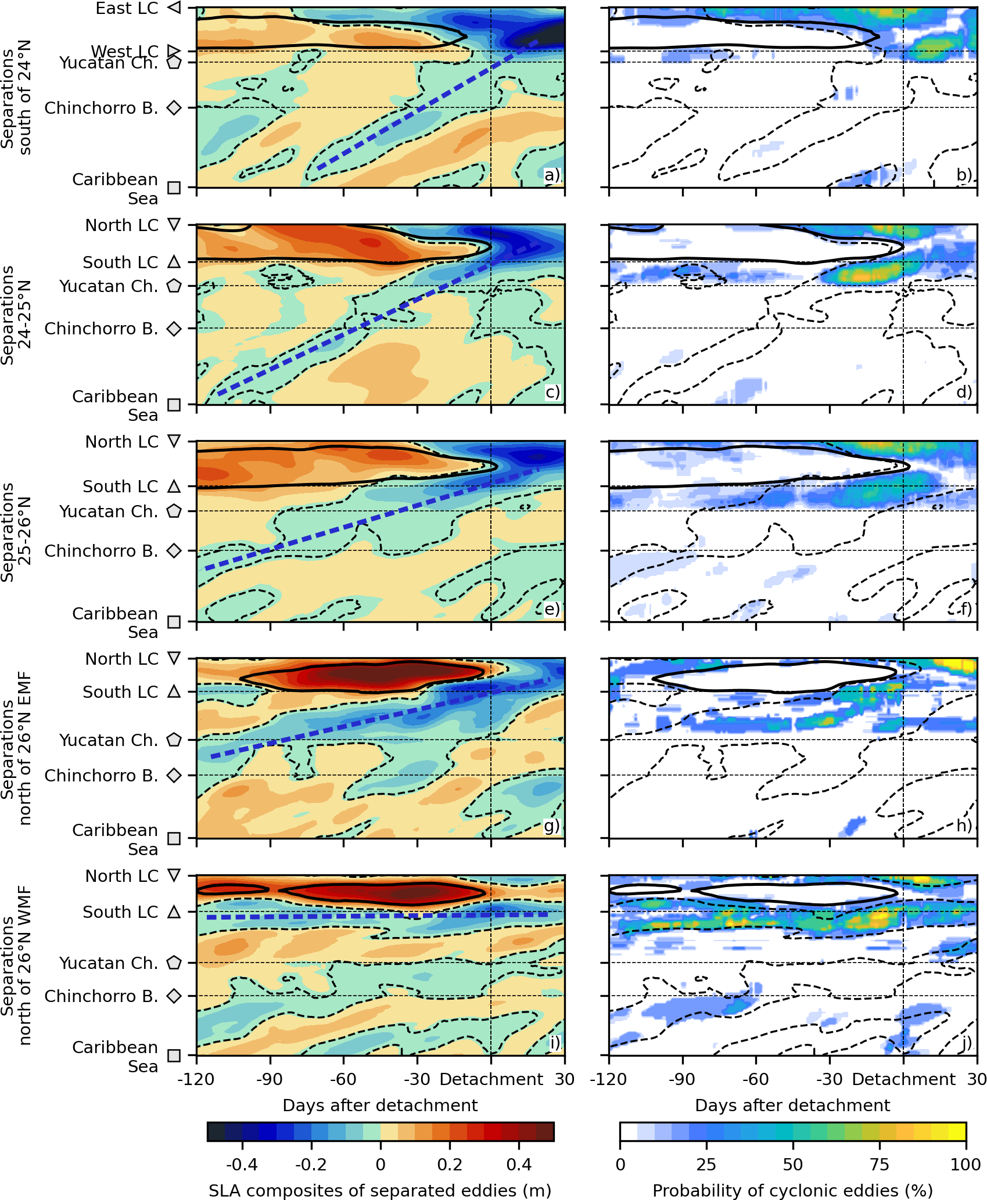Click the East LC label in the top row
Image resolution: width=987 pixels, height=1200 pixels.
click(x=127, y=9)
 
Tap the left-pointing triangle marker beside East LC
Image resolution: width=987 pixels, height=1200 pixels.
click(x=174, y=8)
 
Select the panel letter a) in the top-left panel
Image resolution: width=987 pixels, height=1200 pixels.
click(x=552, y=175)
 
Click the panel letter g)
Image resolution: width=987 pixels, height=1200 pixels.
click(x=551, y=825)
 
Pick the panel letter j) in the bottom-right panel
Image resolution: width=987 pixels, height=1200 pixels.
click(x=966, y=1043)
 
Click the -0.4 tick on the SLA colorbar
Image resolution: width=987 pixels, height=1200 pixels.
click(x=242, y=1164)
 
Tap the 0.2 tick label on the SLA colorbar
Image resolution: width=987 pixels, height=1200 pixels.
click(x=450, y=1164)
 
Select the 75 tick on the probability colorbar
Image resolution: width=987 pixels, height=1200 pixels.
click(x=880, y=1164)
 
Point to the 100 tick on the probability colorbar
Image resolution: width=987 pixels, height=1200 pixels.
click(x=966, y=1164)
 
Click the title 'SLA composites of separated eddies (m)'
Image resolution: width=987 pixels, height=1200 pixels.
click(x=380, y=1191)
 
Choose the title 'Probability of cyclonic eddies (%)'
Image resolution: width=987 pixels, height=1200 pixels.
click(x=792, y=1191)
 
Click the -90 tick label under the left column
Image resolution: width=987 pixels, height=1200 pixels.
click(x=270, y=1079)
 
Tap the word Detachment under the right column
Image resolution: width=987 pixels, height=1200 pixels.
click(x=903, y=1079)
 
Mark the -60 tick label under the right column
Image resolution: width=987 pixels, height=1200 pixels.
click(x=755, y=1079)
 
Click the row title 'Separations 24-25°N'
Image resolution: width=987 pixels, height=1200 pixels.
click(x=16, y=315)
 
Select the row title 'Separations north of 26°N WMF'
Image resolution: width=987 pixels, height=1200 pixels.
click(x=16, y=965)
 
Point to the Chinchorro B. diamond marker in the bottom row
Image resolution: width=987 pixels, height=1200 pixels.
click(x=174, y=996)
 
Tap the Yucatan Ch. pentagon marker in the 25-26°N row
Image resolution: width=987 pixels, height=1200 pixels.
click(x=174, y=511)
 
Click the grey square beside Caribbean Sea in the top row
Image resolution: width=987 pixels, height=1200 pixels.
click(x=174, y=188)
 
